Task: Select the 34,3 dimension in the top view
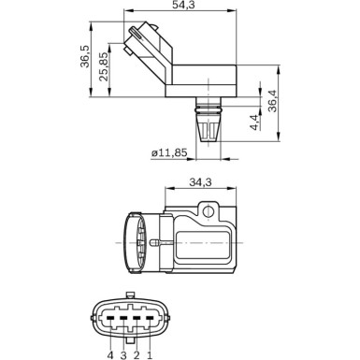198,182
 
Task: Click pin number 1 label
149,353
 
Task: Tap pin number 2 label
137,353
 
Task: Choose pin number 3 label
123,353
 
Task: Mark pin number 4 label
110,353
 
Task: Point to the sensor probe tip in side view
206,130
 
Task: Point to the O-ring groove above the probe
206,102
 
